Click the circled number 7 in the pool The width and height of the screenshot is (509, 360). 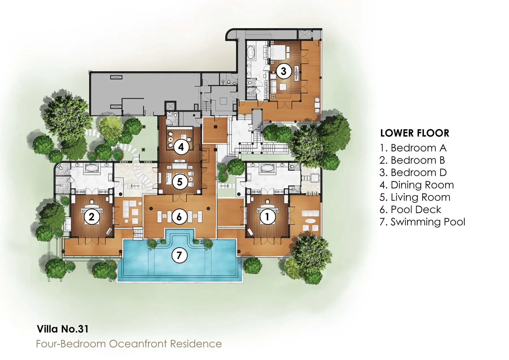coord(179,255)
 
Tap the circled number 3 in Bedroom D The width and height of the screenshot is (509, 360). coord(284,71)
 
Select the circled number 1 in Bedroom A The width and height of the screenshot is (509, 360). coord(267,217)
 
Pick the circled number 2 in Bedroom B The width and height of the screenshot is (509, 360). coord(92,217)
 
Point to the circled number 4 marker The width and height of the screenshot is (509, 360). coord(181,147)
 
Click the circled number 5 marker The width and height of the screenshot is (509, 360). coord(180,182)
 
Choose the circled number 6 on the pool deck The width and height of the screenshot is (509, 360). coord(179,217)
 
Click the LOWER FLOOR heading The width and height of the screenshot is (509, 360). coord(415,133)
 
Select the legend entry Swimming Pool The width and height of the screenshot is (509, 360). coord(422,222)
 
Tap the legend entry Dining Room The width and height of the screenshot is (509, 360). coord(417,185)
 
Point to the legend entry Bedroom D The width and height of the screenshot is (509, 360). coord(413,173)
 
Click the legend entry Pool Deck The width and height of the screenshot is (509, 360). coord(410,210)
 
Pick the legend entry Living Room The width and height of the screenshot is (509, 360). coord(415,197)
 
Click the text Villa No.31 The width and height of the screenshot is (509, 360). coord(62,329)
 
